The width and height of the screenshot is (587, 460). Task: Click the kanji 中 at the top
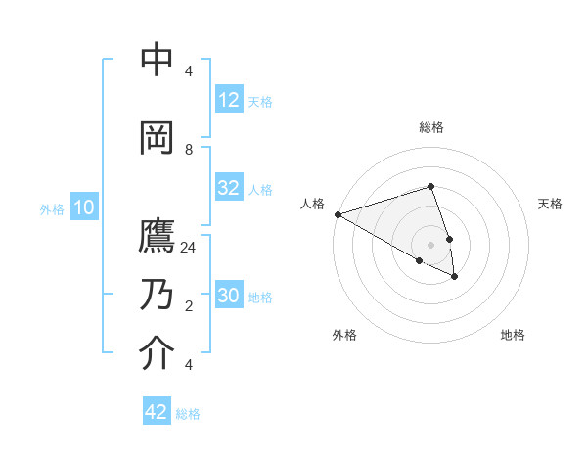pyautogui.click(x=158, y=61)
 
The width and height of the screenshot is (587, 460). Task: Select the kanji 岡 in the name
pyautogui.click(x=158, y=138)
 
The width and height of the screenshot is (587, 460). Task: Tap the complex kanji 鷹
pyautogui.click(x=158, y=238)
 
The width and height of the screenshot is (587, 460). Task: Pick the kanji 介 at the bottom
pyautogui.click(x=158, y=353)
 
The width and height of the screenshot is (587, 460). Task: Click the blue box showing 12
pyautogui.click(x=229, y=101)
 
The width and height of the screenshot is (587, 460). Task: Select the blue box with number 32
pyautogui.click(x=229, y=188)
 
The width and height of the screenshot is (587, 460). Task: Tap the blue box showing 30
pyautogui.click(x=229, y=296)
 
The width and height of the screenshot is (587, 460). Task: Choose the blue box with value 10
pyautogui.click(x=83, y=207)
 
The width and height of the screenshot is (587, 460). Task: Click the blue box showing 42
pyautogui.click(x=157, y=412)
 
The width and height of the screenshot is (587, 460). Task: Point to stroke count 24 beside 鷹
pyautogui.click(x=189, y=248)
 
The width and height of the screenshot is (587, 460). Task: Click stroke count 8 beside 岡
pyautogui.click(x=189, y=149)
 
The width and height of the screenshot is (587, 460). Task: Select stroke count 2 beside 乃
pyautogui.click(x=189, y=306)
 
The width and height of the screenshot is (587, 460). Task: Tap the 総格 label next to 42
pyautogui.click(x=188, y=414)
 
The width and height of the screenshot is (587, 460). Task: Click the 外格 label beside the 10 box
pyautogui.click(x=51, y=208)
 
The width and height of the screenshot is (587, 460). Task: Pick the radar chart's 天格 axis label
pyautogui.click(x=550, y=204)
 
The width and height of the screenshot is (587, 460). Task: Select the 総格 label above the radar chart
pyautogui.click(x=430, y=127)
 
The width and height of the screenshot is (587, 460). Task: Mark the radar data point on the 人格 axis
pyautogui.click(x=338, y=214)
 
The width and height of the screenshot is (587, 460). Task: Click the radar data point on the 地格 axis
pyautogui.click(x=455, y=277)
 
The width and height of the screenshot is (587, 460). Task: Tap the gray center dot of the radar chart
pyautogui.click(x=430, y=244)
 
